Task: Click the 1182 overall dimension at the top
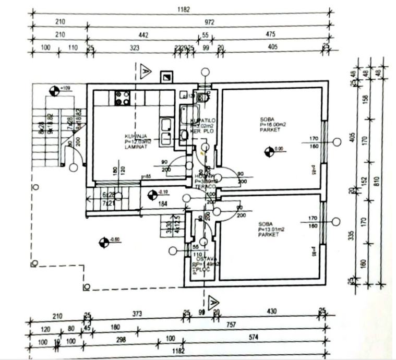[x=183, y=9]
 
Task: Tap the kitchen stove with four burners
[x=122, y=98]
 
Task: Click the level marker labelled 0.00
[x=269, y=152]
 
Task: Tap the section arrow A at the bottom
[x=212, y=302]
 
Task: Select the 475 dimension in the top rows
[x=270, y=35]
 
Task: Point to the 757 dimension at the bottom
[x=231, y=325]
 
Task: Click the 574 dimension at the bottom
[x=254, y=338]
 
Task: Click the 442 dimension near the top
[x=143, y=35]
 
